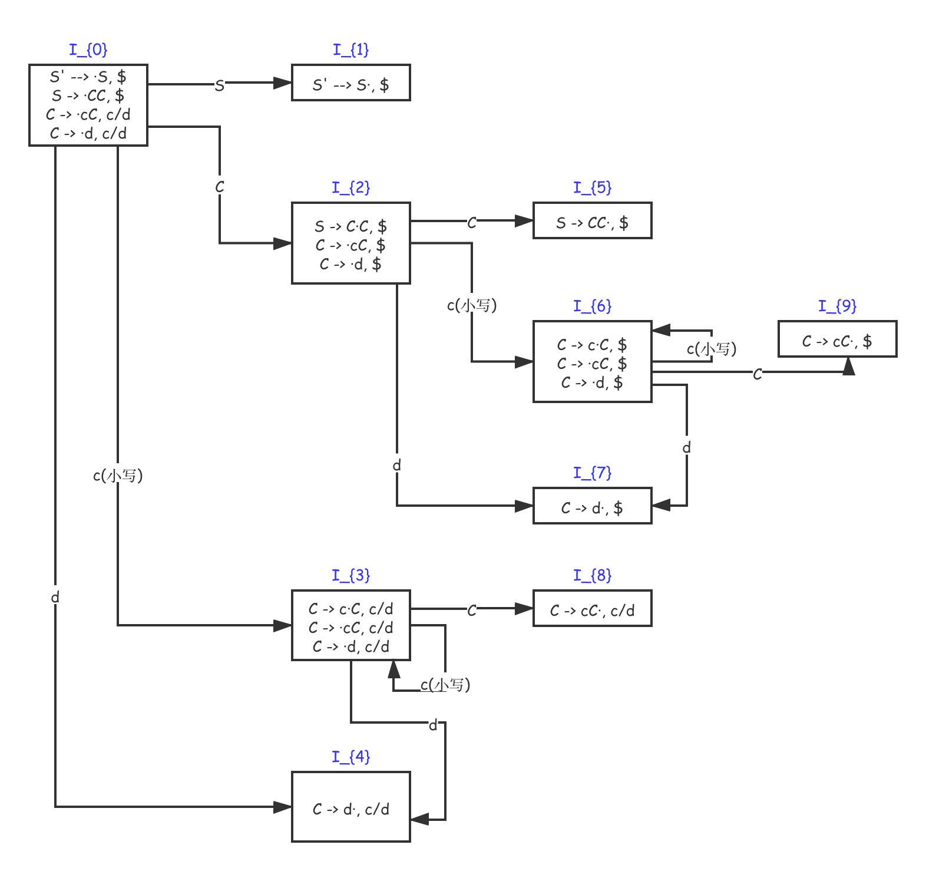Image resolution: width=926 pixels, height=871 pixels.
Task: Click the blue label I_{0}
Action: click(88, 50)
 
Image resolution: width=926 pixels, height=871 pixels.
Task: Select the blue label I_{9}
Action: click(837, 306)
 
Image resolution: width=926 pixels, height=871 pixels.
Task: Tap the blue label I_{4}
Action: click(350, 757)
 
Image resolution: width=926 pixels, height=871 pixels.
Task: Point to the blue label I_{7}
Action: click(592, 473)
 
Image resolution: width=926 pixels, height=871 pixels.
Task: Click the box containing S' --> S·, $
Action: click(351, 83)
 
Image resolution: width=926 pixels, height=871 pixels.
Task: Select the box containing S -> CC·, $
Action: click(593, 220)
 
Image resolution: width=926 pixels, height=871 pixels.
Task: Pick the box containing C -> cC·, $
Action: click(838, 339)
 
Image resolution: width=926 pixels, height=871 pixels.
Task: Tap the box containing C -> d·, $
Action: click(593, 506)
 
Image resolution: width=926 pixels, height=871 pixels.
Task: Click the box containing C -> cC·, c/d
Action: click(593, 608)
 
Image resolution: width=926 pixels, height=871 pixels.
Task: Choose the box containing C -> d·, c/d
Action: click(351, 807)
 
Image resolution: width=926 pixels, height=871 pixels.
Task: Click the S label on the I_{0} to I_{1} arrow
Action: click(220, 85)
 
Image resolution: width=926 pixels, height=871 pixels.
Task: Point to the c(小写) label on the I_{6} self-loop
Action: click(712, 349)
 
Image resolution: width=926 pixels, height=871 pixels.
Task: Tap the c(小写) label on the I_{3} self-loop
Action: click(445, 684)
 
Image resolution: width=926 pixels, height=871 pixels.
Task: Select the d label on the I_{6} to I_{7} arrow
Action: click(687, 448)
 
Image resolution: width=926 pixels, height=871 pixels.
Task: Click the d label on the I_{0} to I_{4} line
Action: click(55, 598)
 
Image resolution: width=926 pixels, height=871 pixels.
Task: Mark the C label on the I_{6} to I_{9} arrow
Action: click(758, 374)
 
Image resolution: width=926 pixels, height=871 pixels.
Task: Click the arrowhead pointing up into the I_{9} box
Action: click(849, 366)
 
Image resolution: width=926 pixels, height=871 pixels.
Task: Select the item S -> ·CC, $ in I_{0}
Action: click(88, 95)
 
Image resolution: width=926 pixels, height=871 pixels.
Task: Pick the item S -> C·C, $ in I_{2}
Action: click(351, 226)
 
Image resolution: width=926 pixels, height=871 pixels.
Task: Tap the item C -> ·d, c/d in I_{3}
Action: click(351, 646)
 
